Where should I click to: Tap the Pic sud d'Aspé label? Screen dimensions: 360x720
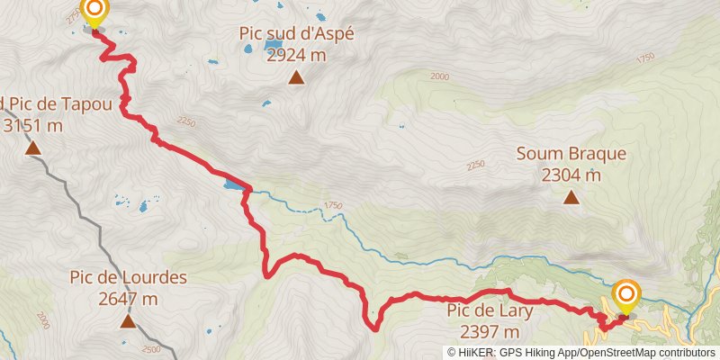[296, 34]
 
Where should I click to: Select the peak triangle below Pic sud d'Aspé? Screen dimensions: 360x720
[296, 77]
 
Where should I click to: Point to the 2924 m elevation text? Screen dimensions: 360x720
[296, 55]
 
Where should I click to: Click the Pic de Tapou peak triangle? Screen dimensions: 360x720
[32, 148]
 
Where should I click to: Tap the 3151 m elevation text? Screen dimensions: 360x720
[32, 125]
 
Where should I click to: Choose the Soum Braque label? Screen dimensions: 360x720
[571, 154]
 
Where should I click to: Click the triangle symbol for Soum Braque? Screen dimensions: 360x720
[571, 196]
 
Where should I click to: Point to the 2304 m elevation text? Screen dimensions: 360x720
[571, 175]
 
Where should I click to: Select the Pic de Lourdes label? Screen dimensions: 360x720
[128, 277]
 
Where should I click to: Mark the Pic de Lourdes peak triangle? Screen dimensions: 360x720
[128, 320]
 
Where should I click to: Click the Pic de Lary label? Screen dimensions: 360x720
[490, 311]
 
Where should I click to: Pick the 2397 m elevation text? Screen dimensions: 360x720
[490, 331]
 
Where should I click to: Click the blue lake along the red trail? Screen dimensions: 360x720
[233, 185]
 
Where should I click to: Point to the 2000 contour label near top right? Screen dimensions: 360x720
[439, 76]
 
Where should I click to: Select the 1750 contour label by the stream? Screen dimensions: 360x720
[334, 206]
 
